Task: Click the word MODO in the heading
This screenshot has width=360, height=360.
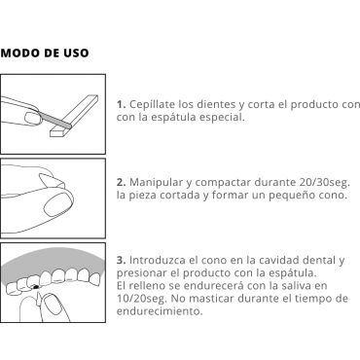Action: point(16,54)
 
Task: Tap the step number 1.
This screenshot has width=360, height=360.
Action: point(121,104)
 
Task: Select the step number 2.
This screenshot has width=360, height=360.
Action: point(121,182)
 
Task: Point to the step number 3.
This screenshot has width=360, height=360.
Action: point(121,260)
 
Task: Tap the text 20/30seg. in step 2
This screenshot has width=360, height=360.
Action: point(323,182)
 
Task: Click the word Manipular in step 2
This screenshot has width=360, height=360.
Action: point(156,183)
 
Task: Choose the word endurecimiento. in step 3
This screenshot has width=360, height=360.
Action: point(160,311)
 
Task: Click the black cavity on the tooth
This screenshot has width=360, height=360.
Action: point(36,287)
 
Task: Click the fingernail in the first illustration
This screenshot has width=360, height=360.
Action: point(32,119)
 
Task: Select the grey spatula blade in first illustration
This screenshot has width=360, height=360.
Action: point(54,118)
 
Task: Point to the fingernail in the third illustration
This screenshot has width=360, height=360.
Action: point(52,304)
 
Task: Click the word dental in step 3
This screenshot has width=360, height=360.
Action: point(320,260)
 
